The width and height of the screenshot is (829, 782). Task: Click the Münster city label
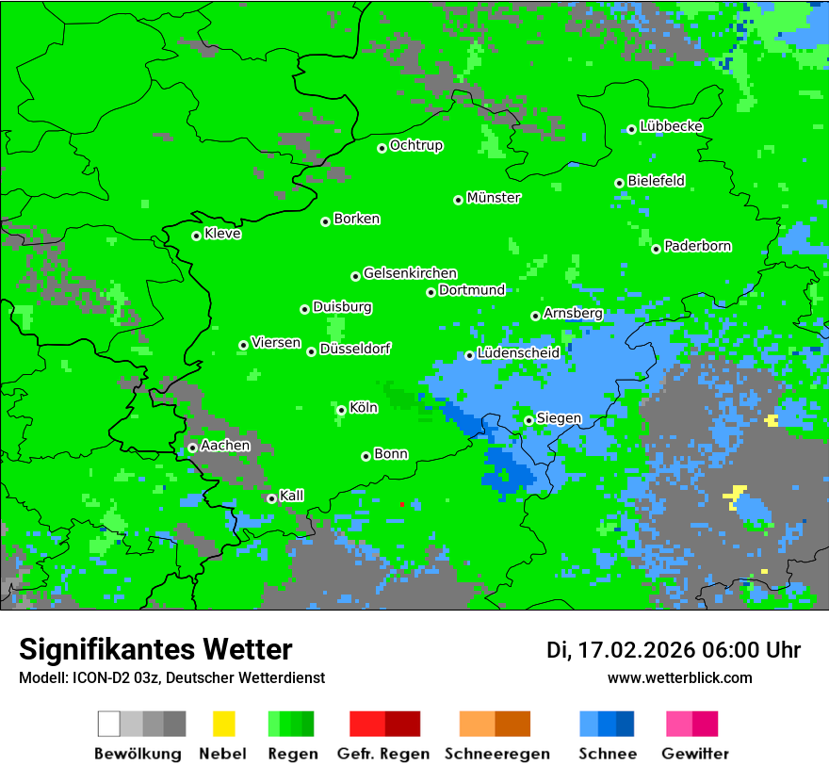(494, 198)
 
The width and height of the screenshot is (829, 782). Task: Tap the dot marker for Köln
(341, 410)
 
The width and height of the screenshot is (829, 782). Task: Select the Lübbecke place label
(672, 126)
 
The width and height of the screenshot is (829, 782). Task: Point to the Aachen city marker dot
(192, 448)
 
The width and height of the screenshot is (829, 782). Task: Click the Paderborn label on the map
(698, 246)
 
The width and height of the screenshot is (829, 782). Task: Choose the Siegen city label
(560, 418)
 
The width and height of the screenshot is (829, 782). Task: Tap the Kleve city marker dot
(196, 236)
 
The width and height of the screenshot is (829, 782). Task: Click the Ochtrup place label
(416, 146)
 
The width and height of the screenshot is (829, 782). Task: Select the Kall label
(292, 496)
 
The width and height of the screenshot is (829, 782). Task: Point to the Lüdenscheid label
(519, 353)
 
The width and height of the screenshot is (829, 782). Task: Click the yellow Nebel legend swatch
(223, 724)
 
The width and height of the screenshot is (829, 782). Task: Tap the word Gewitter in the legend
(695, 754)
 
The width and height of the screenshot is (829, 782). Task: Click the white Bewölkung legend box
(109, 724)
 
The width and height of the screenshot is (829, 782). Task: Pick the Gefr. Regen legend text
(383, 754)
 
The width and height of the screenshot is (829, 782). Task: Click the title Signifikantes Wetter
(155, 649)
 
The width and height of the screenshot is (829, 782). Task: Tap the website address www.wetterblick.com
(680, 677)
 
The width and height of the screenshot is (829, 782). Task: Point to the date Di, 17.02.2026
(621, 650)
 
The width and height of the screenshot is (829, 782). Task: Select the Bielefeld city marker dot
(619, 183)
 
